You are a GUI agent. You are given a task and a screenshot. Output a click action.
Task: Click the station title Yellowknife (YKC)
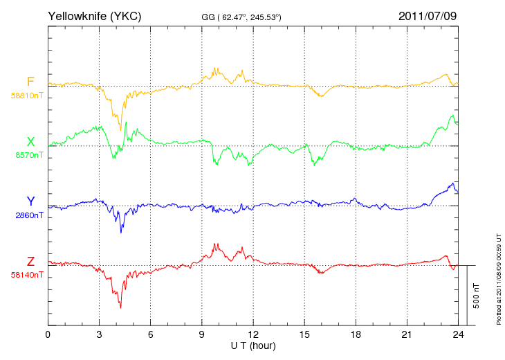click(94, 16)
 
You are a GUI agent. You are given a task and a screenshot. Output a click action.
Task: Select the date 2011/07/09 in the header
click(428, 16)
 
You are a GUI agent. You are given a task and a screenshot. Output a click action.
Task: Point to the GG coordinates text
click(241, 17)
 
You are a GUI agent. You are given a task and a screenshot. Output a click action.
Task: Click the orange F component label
click(30, 82)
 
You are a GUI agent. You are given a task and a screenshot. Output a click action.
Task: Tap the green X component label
click(30, 141)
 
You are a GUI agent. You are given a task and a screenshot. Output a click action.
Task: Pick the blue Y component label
click(30, 201)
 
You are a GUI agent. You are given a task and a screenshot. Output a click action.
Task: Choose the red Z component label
click(30, 262)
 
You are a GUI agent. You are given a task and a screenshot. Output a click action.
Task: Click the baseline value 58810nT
click(27, 96)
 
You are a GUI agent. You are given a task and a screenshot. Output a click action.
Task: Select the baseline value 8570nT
click(29, 155)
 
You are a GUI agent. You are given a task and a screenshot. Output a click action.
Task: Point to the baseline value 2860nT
click(29, 215)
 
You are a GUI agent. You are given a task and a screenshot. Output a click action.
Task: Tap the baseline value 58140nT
click(27, 275)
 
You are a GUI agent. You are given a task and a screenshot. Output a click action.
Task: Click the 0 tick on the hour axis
click(48, 334)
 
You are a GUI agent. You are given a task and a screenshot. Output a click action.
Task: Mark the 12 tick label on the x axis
click(253, 334)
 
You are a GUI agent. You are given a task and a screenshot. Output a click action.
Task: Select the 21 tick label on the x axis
click(407, 334)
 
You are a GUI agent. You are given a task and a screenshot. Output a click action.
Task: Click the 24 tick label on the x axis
click(458, 334)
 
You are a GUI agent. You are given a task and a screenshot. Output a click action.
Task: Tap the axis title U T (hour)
click(253, 346)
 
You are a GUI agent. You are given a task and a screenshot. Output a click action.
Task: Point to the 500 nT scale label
click(476, 296)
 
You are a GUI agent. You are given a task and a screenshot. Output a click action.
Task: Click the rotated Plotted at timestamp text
click(499, 279)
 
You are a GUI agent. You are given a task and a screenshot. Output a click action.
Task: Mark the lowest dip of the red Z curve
click(120, 308)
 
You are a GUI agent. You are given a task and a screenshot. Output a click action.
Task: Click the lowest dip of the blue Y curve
click(121, 232)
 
